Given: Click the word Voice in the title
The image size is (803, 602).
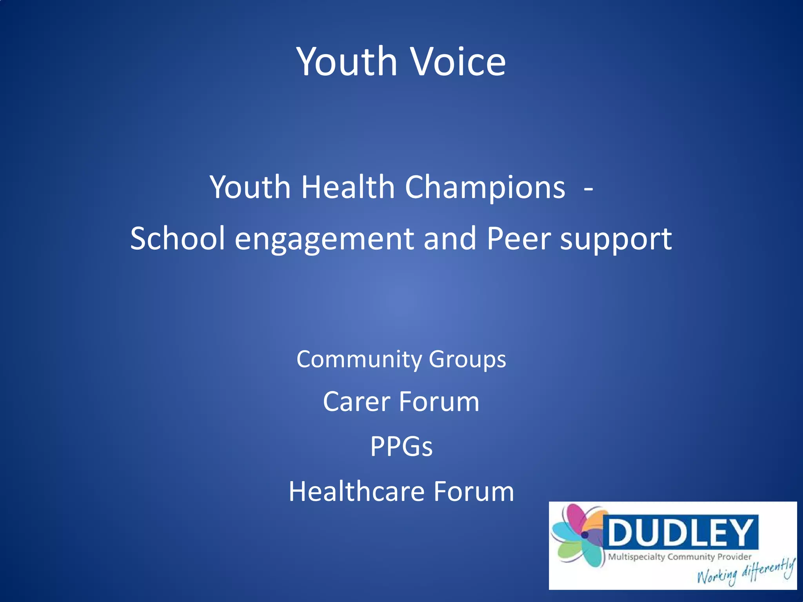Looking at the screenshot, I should [458, 62].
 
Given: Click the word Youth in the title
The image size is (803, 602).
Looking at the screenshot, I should [347, 62].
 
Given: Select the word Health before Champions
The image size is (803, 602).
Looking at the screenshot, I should [348, 187].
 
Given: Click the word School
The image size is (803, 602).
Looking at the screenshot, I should [178, 238].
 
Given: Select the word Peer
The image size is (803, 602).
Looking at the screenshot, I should [518, 238].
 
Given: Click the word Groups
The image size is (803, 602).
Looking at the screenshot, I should [467, 359].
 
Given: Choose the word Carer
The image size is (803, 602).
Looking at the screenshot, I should [356, 402].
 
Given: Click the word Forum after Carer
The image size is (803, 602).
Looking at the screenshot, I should [439, 402].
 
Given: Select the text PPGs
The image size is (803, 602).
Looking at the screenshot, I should [401, 446].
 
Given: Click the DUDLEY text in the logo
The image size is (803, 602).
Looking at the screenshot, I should [680, 532].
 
